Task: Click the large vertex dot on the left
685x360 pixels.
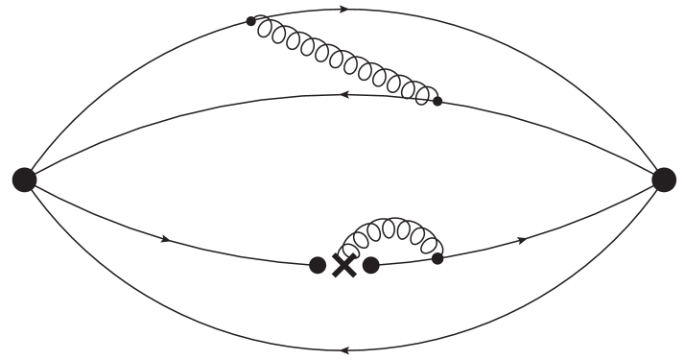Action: pos(24,179)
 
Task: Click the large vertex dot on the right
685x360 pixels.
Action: pos(663,179)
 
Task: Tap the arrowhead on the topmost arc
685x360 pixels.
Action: pos(343,10)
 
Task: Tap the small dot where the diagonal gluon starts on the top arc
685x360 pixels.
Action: pos(251,20)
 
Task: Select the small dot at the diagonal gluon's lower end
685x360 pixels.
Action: pos(437,100)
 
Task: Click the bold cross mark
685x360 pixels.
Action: pos(343,266)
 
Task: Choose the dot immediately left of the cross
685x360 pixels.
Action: pos(318,266)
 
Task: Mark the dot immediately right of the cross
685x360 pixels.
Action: pos(371,265)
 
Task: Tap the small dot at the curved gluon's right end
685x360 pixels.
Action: pos(437,257)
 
